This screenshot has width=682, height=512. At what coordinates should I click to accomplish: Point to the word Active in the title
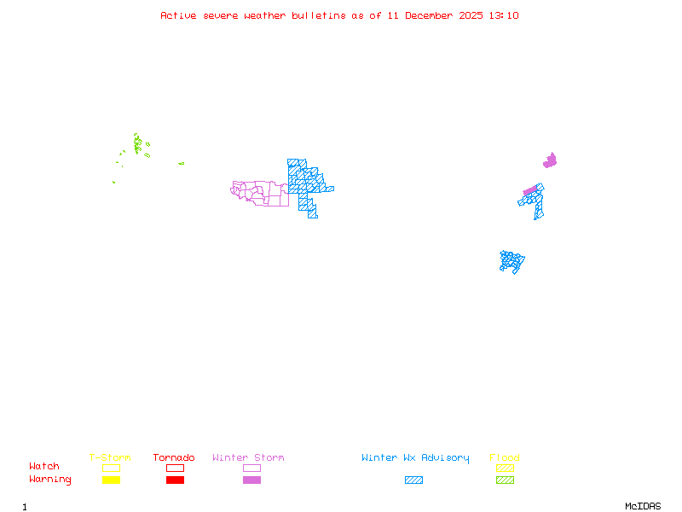click(179, 15)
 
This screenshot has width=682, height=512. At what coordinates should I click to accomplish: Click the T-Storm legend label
click(110, 458)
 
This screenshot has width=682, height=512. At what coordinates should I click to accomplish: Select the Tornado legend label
click(174, 458)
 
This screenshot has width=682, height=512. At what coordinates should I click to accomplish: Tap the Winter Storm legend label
click(248, 458)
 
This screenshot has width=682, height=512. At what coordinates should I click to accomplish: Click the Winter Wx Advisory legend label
click(415, 458)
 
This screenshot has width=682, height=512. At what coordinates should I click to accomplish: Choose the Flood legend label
click(505, 458)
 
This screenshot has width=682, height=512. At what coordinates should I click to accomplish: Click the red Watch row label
click(44, 467)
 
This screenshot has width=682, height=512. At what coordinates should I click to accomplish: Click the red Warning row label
click(50, 480)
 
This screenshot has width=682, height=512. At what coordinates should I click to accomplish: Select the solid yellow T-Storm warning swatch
click(111, 480)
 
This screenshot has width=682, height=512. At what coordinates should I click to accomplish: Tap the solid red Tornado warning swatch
click(175, 480)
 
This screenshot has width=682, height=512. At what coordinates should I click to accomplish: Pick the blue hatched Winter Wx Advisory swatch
click(413, 480)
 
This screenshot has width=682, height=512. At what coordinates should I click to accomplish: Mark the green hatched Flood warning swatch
click(505, 480)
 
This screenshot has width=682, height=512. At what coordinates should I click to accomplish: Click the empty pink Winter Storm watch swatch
click(251, 468)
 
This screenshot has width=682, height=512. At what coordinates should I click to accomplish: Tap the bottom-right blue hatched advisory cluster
click(511, 261)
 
